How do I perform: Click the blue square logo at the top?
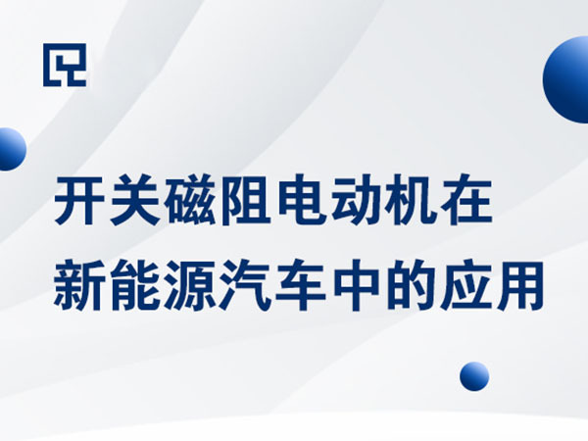[x=65, y=65]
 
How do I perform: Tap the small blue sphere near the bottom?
[x=474, y=375]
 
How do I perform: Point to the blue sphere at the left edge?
[x=10, y=149]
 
